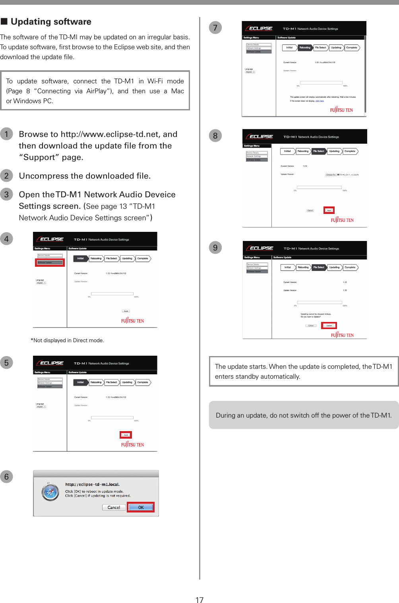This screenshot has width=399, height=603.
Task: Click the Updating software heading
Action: (50, 22)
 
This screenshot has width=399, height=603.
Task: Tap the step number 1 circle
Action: (6, 134)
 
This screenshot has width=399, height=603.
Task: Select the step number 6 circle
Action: (6, 476)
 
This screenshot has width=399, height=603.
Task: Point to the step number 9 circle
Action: (215, 247)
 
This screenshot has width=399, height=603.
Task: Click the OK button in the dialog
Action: (141, 507)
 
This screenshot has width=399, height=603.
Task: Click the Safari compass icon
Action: (50, 492)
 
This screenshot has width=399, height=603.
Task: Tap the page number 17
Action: (199, 599)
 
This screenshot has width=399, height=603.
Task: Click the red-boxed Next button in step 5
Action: (126, 435)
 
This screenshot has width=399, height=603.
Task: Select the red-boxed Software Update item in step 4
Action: (50, 262)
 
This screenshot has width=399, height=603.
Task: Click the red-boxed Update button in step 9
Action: (329, 326)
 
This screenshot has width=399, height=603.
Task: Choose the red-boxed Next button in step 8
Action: (329, 210)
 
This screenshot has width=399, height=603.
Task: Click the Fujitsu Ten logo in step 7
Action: (341, 110)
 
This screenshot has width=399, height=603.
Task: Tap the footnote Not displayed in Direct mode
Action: (68, 340)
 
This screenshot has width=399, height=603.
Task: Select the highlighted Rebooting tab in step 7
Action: (305, 48)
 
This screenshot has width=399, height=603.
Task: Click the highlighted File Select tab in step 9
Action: (319, 267)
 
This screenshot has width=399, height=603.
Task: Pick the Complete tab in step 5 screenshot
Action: (143, 382)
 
